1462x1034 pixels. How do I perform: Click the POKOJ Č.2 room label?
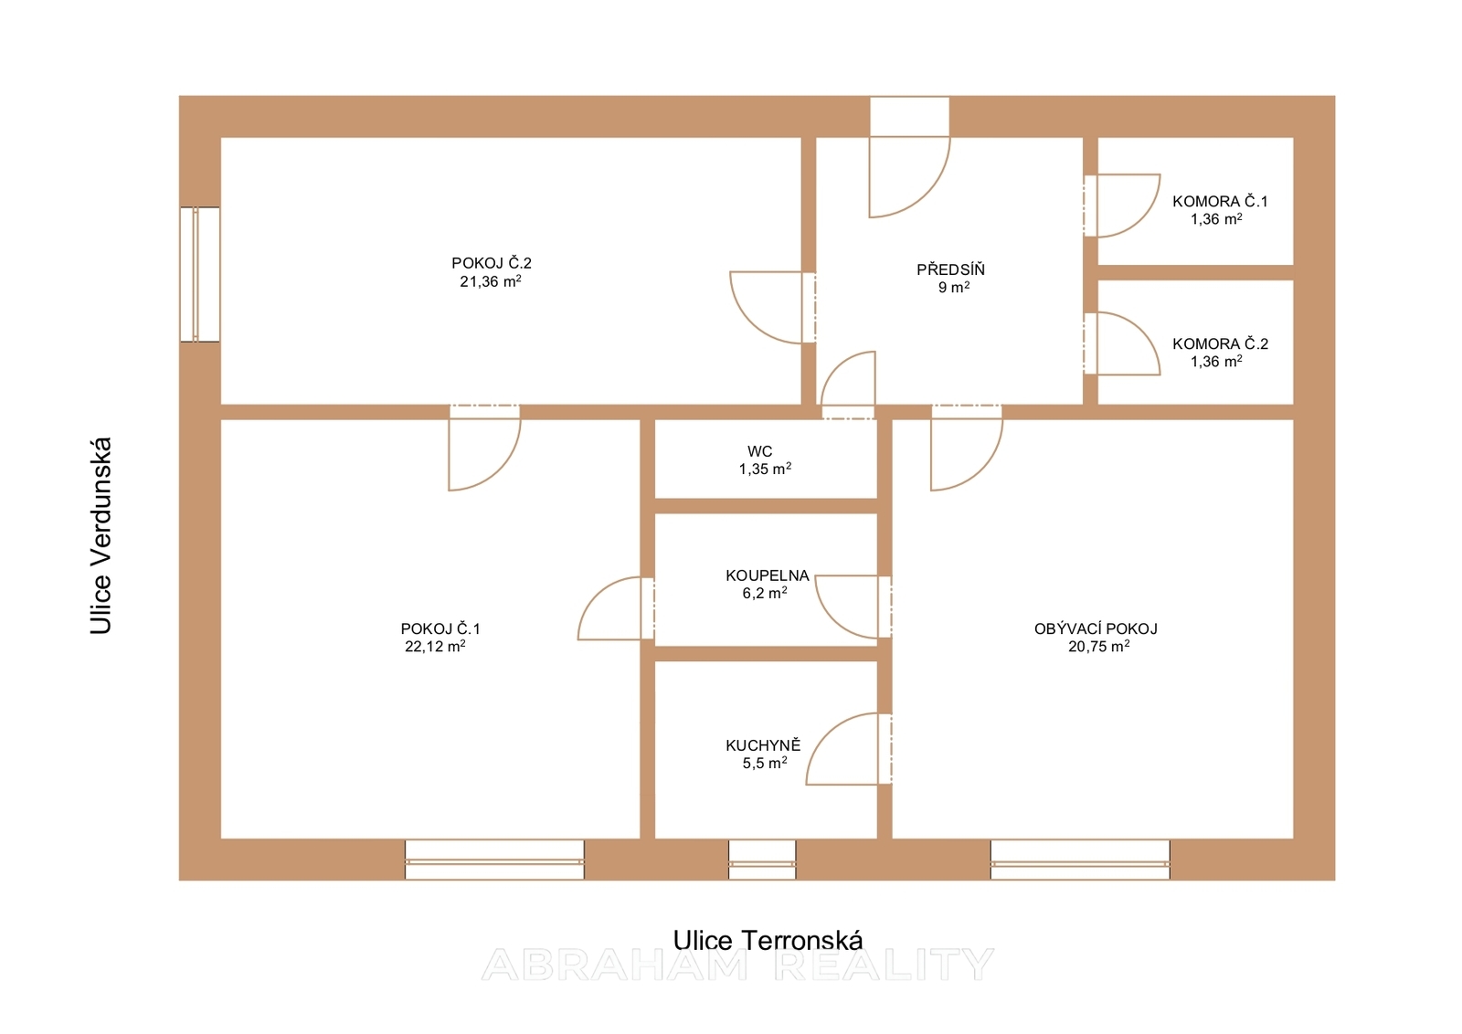(x=492, y=264)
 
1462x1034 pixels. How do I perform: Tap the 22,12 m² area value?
(x=435, y=646)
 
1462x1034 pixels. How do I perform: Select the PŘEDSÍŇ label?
(x=950, y=269)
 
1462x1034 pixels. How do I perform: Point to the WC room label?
(x=759, y=451)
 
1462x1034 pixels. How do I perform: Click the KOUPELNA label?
(x=767, y=575)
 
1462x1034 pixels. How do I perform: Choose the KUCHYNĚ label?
(x=763, y=745)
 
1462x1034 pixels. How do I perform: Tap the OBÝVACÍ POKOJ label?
(x=1096, y=628)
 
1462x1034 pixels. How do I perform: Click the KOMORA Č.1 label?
(x=1220, y=201)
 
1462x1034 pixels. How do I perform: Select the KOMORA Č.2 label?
(x=1220, y=343)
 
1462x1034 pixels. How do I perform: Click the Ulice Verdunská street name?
(x=101, y=535)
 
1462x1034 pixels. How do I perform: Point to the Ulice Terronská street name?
(x=768, y=941)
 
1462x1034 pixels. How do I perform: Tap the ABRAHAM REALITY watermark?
(x=737, y=965)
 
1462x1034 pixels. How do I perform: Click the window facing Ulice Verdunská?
(x=200, y=274)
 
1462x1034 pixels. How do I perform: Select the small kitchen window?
(x=762, y=860)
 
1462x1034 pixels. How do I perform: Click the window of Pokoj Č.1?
(x=494, y=860)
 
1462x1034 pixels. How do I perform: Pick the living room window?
(x=1080, y=860)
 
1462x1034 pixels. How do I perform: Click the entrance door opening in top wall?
(x=910, y=117)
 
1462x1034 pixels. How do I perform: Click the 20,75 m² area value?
(x=1099, y=646)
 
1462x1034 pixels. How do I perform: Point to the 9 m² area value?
(x=954, y=287)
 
